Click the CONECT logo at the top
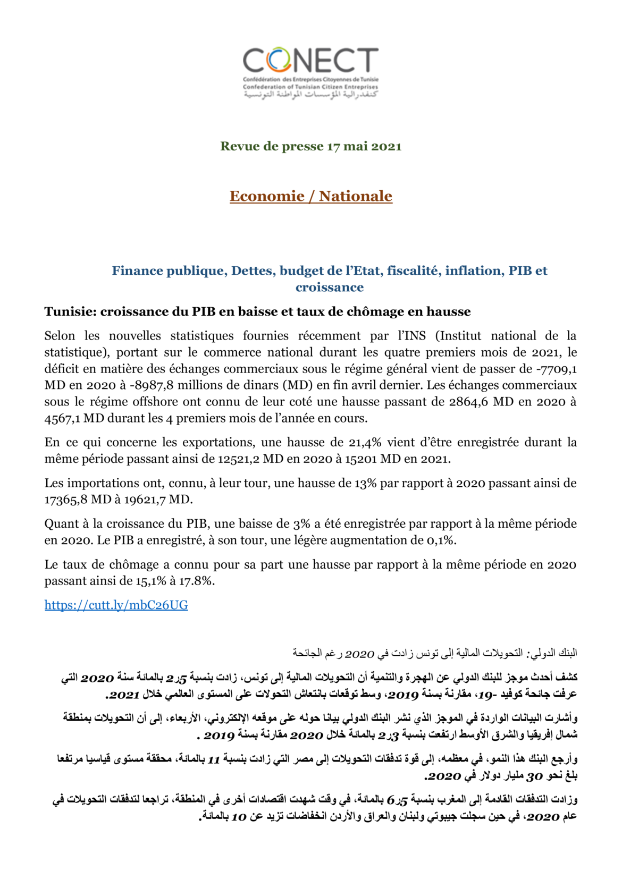coord(310,72)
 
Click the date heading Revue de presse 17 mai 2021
coord(310,147)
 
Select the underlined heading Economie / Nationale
coord(310,196)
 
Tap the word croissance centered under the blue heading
coord(330,288)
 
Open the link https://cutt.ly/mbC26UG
coord(116,605)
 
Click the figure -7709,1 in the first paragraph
coord(557,369)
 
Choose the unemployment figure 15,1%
coord(150,581)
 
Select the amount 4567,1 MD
coord(74,418)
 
